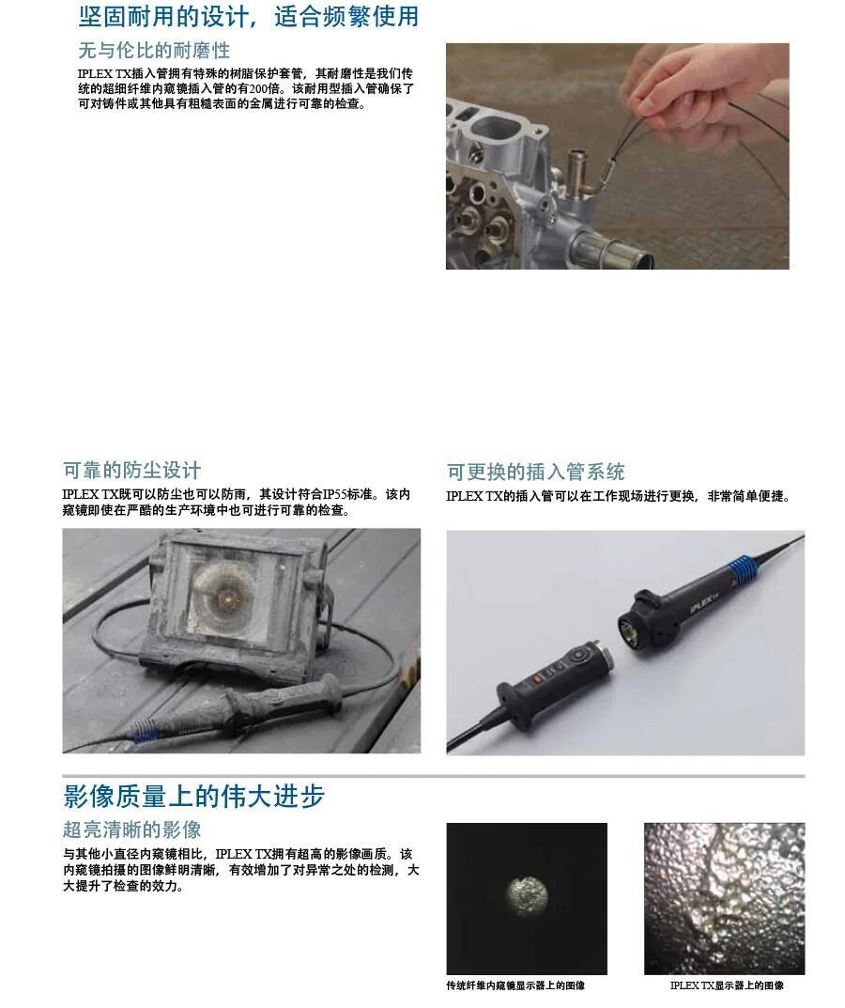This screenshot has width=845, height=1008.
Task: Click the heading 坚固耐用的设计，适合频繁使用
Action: (249, 16)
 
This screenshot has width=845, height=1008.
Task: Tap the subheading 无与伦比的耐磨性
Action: (154, 50)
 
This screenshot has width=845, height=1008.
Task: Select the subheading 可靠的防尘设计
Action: (131, 470)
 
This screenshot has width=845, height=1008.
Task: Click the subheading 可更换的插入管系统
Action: (535, 472)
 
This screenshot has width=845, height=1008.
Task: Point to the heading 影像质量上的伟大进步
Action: (193, 796)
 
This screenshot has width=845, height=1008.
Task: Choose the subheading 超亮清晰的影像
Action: (131, 830)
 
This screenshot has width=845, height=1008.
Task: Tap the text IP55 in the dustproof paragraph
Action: (335, 494)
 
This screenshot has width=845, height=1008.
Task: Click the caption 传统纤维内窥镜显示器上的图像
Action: (515, 985)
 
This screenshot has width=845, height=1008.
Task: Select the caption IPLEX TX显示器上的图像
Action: (727, 985)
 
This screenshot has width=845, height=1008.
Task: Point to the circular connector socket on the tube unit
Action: (632, 632)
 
